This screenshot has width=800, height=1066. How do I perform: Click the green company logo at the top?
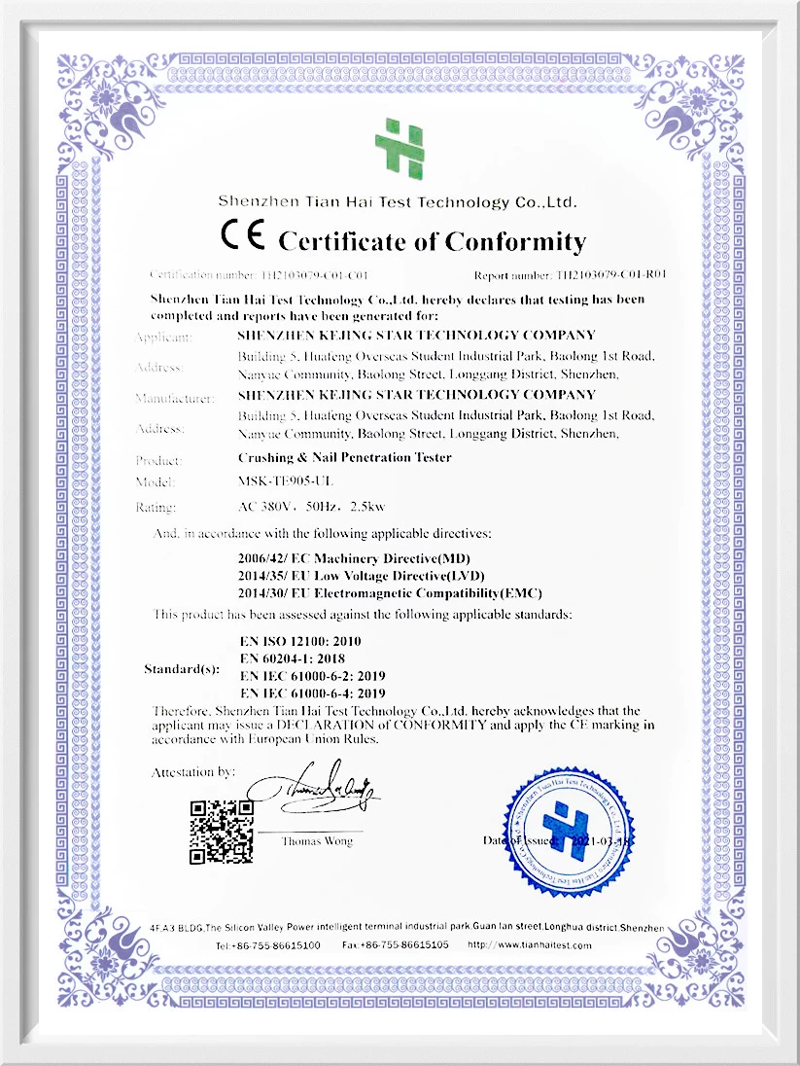tap(399, 149)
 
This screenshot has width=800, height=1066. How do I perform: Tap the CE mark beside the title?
tap(243, 238)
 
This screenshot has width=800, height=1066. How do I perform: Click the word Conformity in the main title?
tap(515, 241)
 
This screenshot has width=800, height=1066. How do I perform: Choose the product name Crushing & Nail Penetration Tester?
tap(344, 457)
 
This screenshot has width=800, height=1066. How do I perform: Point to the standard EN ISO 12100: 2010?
tap(305, 642)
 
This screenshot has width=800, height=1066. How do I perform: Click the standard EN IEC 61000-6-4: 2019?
tap(312, 693)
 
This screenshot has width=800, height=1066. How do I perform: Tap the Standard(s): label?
tap(182, 669)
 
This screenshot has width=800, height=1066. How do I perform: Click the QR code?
tap(221, 832)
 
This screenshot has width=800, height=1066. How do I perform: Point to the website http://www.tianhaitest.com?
tap(530, 944)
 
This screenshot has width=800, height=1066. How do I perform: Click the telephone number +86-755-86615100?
tap(268, 944)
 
